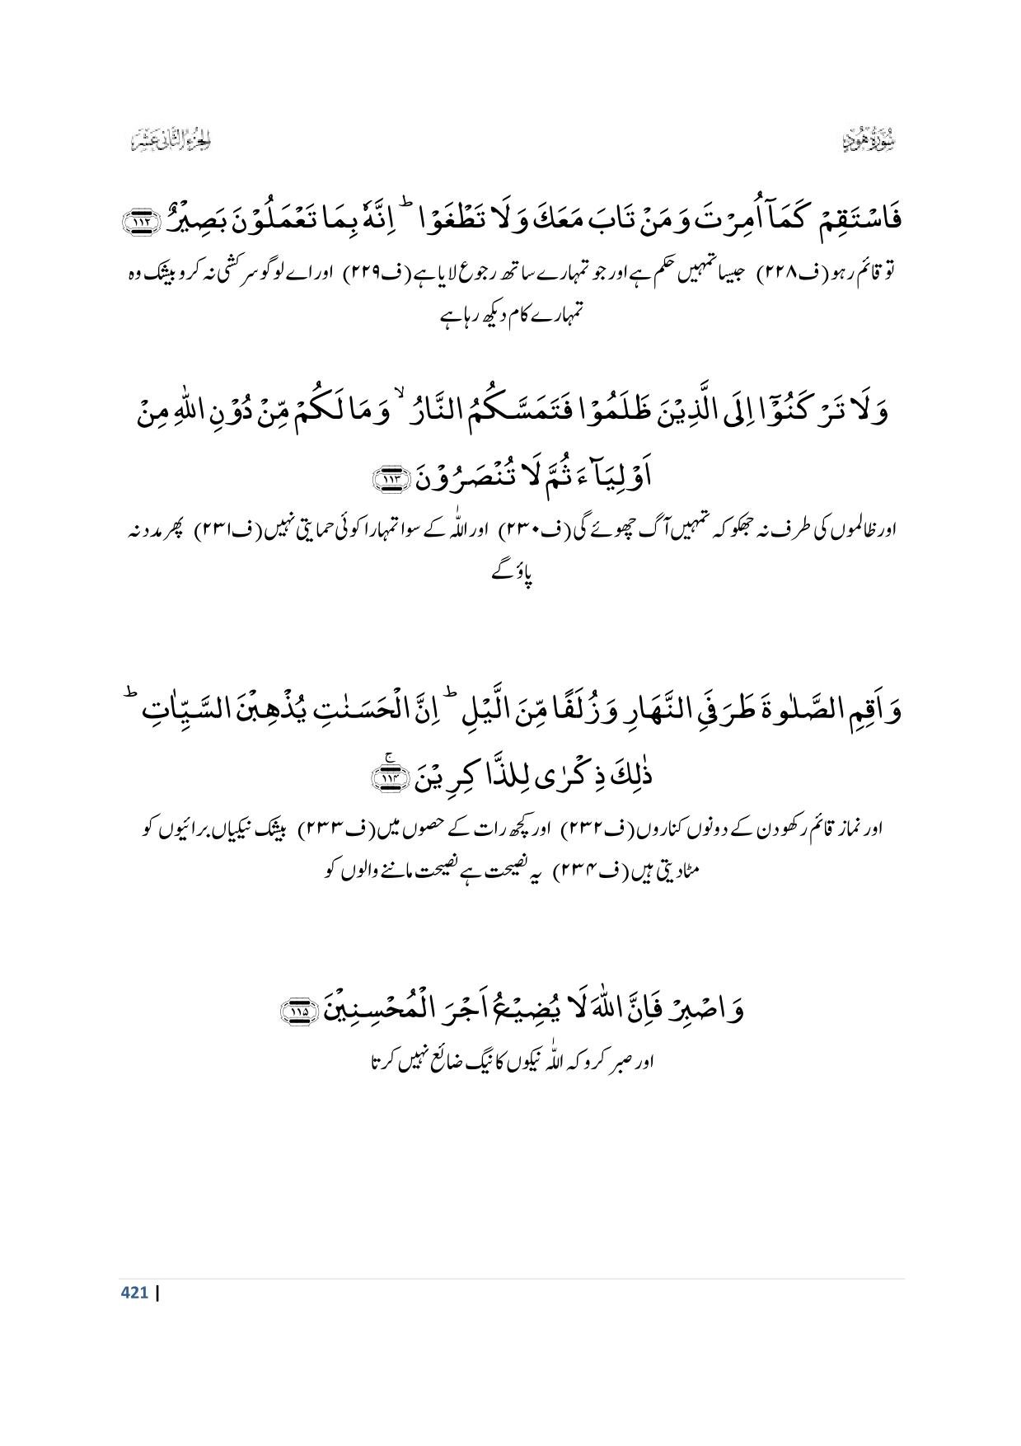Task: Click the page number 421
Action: pyautogui.click(x=134, y=1292)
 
